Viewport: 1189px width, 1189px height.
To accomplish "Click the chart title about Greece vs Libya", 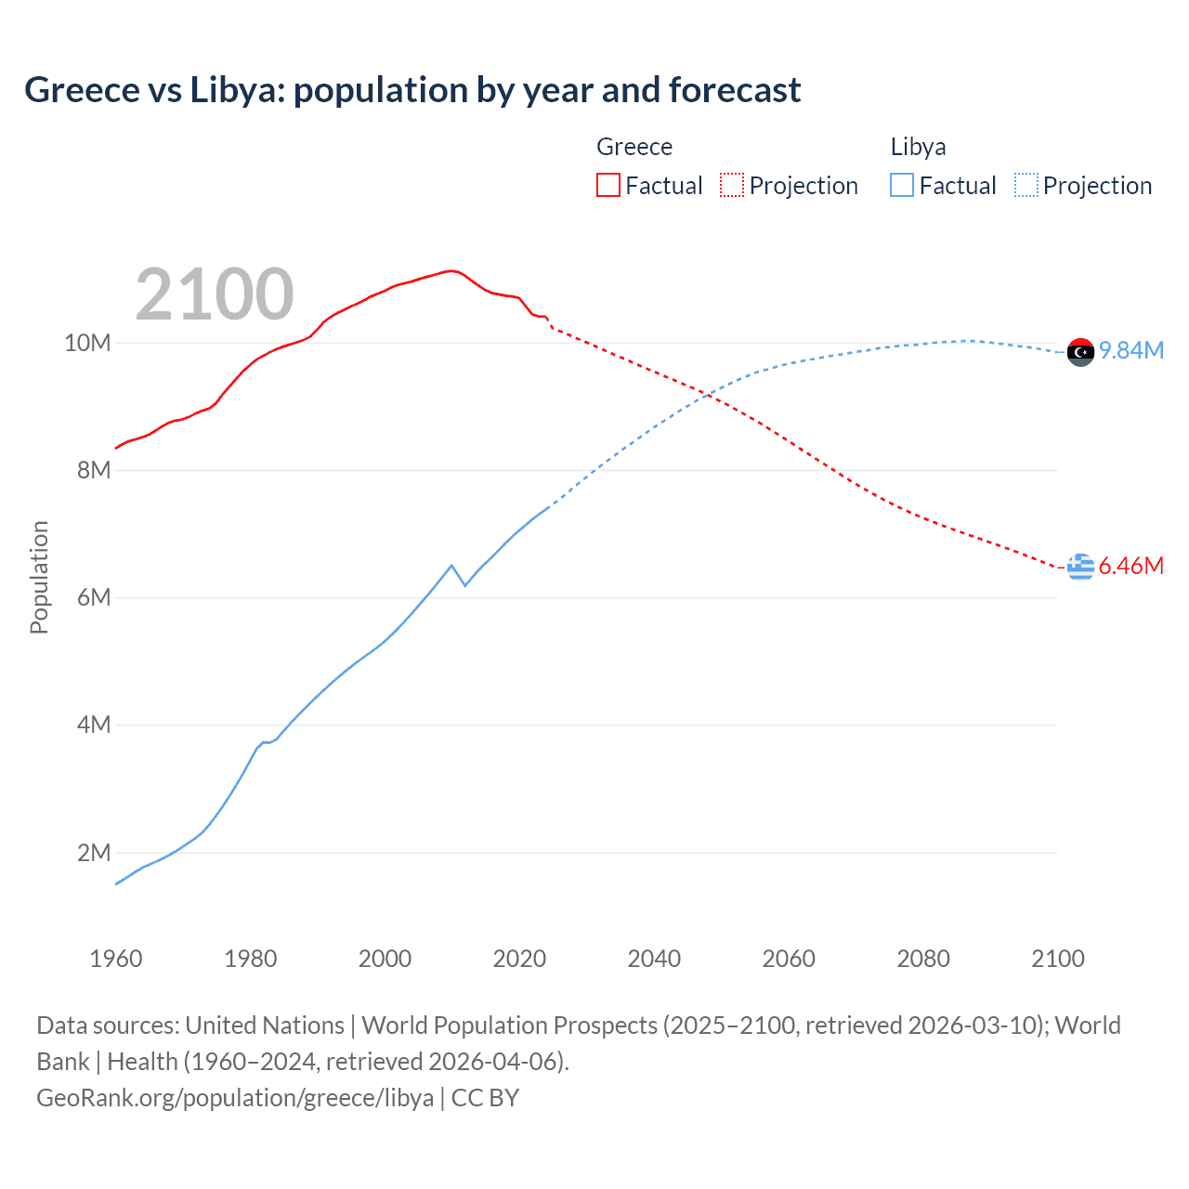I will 412,90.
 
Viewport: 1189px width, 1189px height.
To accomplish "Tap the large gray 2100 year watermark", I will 215,294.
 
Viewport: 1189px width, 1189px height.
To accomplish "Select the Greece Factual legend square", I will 608,185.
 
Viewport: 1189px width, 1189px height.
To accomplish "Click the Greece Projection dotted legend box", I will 732,185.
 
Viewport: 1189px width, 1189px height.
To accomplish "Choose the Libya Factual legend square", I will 901,185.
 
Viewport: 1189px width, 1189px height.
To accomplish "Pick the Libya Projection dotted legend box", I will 1026,185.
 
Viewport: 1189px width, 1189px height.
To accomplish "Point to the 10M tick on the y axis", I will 87,343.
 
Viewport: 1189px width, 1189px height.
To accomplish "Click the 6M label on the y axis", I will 93,597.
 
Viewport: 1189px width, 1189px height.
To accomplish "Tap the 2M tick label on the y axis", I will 93,853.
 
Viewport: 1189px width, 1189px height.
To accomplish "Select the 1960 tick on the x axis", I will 116,959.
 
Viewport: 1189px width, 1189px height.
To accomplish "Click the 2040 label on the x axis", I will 654,959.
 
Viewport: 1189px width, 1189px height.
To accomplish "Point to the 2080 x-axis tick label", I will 923,959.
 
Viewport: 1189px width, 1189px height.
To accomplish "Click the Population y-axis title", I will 39,577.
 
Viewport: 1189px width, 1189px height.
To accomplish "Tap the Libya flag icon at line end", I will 1080,352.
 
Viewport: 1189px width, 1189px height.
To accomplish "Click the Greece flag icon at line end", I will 1080,567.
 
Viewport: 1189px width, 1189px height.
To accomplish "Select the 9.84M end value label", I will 1131,350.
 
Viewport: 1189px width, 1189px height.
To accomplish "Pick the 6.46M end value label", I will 1131,566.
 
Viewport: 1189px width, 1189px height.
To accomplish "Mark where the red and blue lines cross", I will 709,396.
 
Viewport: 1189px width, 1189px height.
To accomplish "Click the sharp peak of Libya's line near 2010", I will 451,565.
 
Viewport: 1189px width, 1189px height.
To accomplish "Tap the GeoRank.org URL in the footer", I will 235,1097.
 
